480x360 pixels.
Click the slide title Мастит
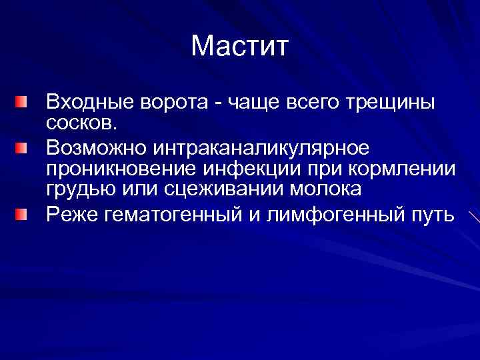coord(239,46)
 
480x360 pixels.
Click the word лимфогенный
coord(336,215)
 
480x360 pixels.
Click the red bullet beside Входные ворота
coord(23,102)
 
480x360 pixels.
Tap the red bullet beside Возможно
coord(23,145)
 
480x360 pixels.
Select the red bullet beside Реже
coord(23,214)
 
